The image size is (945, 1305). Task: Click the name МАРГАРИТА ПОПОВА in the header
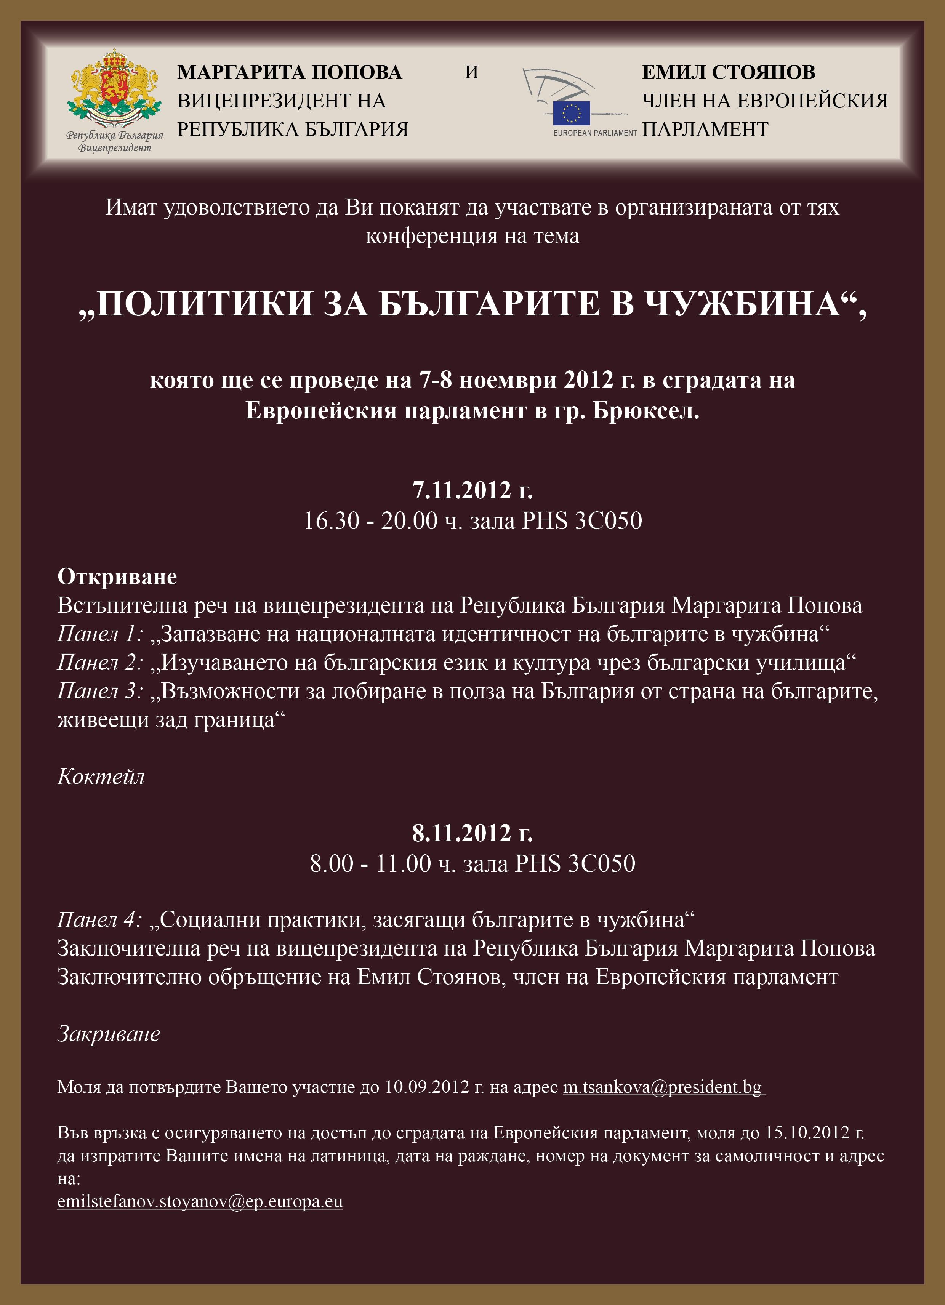pos(290,72)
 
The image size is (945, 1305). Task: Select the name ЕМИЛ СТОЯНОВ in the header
pos(729,72)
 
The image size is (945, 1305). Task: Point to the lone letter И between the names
pos(472,72)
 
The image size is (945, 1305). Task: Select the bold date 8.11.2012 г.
pos(472,833)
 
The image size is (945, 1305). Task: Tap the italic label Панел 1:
pos(99,634)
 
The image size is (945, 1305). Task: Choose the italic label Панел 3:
pos(99,691)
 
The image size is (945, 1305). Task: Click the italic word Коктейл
pos(101,777)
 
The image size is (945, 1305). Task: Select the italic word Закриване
pos(109,1034)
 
